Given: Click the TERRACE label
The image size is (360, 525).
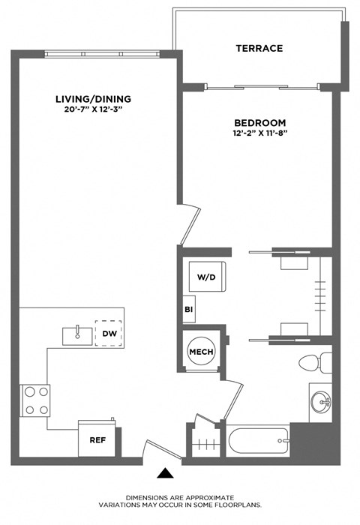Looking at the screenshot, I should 259,48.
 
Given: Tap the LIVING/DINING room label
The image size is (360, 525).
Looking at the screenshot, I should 94,99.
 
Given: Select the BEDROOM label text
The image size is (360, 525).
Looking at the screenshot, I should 259,122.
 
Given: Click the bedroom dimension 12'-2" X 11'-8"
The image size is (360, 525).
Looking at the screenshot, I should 259,134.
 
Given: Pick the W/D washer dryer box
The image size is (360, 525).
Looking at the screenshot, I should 207,277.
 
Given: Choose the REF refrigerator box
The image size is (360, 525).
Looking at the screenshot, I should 96,440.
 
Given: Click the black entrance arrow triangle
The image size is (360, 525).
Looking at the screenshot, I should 166,473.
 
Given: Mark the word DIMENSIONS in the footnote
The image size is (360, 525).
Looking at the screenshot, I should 148,497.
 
